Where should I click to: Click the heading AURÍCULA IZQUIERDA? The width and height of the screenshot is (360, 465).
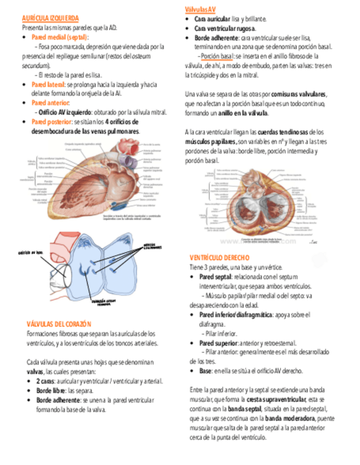[x=50, y=18]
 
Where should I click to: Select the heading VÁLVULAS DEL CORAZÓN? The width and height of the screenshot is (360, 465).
[x=59, y=324]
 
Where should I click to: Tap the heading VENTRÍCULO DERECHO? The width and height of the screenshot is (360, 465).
[x=219, y=258]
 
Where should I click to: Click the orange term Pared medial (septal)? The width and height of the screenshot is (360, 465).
[x=60, y=37]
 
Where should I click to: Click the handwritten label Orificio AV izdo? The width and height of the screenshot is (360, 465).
[x=31, y=253]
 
